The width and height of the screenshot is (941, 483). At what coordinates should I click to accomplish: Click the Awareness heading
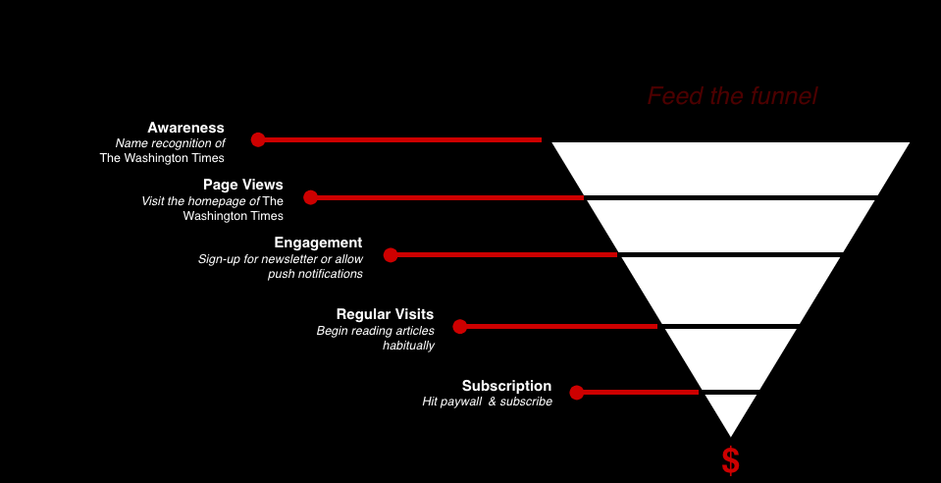[x=185, y=128]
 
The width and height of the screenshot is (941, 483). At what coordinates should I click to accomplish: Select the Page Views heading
[x=242, y=185]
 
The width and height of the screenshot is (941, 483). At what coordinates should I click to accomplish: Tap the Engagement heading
[x=318, y=242]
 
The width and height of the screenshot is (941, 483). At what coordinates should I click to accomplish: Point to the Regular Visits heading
[x=385, y=314]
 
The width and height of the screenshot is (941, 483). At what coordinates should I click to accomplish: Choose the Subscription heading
[x=506, y=386]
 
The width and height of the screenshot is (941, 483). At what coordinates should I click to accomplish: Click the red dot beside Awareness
[x=258, y=139]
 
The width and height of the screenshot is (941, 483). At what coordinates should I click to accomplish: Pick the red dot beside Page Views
[x=311, y=197]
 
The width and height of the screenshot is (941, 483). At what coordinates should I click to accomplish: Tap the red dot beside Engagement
[x=391, y=255]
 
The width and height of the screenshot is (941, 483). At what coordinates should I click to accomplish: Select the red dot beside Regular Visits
[x=459, y=326]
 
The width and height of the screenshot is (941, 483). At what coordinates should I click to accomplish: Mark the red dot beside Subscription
[x=577, y=393]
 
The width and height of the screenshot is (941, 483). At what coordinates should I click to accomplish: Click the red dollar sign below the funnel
[x=730, y=460]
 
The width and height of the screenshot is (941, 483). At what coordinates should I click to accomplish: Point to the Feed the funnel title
[x=732, y=96]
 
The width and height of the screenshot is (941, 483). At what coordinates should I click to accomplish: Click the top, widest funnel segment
[x=730, y=167]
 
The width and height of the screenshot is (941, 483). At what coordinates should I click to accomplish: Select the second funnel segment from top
[x=730, y=225]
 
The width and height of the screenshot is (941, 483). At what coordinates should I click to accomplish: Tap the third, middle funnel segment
[x=730, y=289]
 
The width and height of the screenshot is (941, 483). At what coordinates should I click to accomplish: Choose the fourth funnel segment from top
[x=730, y=357]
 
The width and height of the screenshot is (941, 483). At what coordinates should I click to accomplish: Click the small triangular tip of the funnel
[x=730, y=410]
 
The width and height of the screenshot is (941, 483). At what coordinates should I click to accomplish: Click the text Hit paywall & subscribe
[x=487, y=402]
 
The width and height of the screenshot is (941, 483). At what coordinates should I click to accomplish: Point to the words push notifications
[x=315, y=274]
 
